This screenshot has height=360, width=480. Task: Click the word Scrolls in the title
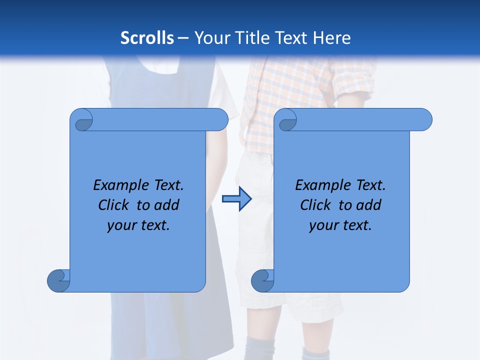tap(147, 37)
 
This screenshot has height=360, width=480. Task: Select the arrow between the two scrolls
tap(236, 199)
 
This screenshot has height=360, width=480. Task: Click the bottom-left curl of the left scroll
tap(59, 281)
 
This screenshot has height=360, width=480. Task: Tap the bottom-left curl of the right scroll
tap(262, 281)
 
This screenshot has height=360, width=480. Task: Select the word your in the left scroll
tap(121, 225)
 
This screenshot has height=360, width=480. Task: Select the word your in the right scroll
tap(323, 225)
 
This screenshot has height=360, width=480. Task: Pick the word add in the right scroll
tap(368, 205)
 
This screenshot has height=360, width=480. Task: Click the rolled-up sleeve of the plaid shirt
tap(358, 87)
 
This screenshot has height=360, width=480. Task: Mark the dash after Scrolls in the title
tap(183, 38)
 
